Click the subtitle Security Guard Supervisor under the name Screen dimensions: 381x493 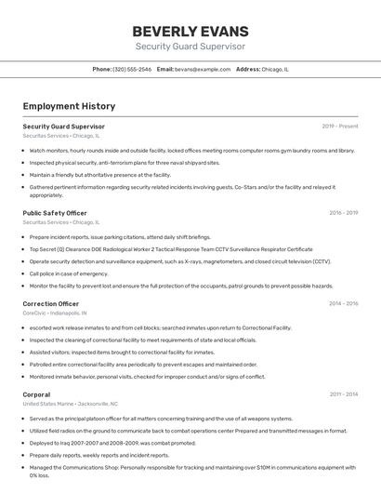[x=190, y=46]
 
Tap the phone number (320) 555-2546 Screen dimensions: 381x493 [x=132, y=69]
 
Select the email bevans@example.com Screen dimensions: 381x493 [x=202, y=69]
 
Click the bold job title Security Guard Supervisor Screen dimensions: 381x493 [x=63, y=126]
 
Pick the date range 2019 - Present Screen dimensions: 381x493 [x=340, y=126]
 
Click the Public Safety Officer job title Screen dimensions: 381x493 [x=55, y=213]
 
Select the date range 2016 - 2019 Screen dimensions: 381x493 [x=343, y=213]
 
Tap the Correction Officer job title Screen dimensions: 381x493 [x=51, y=303]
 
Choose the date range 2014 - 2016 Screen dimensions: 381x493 [x=343, y=303]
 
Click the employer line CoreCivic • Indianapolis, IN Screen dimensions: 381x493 [x=55, y=313]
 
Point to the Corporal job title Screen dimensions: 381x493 [x=37, y=394]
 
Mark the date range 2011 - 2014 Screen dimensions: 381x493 [x=343, y=394]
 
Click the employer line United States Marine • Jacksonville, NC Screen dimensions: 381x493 [x=71, y=404]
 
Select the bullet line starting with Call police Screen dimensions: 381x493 [x=69, y=273]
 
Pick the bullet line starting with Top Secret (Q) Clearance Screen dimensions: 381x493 [x=171, y=249]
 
